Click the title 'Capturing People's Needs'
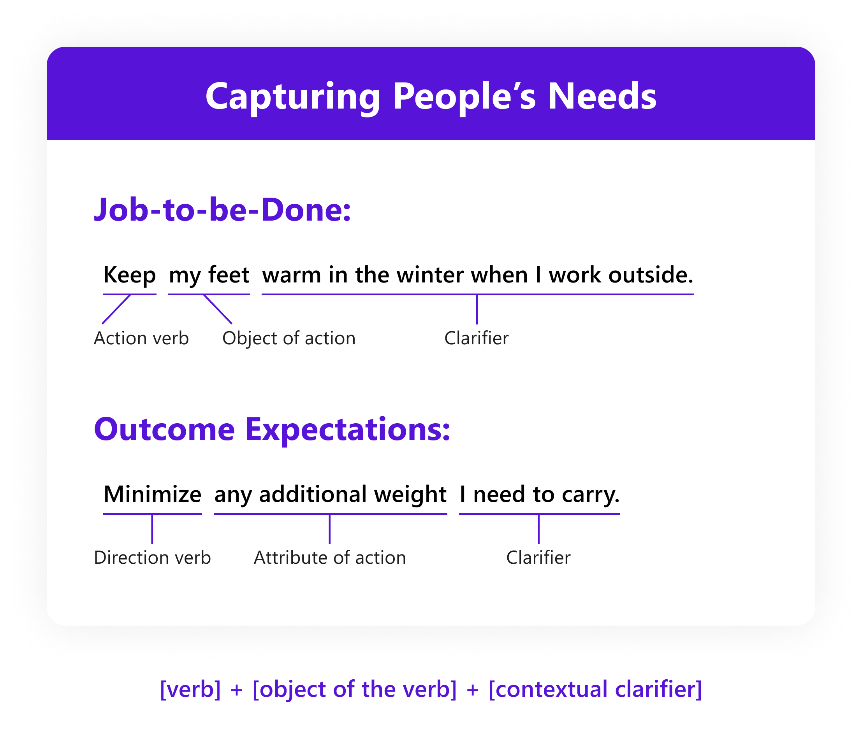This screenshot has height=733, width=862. coord(430,96)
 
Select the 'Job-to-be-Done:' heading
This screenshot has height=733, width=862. coord(222,209)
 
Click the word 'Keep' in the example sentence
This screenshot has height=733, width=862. coord(129,275)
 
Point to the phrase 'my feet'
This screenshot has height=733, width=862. coord(209,275)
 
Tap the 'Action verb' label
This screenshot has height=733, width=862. coord(141,338)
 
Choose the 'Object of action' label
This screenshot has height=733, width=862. coord(289,338)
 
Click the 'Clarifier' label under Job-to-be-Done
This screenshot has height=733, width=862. coord(476,338)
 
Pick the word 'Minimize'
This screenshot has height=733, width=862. coord(152,494)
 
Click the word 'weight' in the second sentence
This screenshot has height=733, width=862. coord(410,495)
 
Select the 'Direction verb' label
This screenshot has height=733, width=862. coord(152,558)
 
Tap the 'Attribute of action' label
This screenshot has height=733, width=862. coord(330,558)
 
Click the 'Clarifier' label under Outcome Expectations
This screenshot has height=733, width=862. coord(538,558)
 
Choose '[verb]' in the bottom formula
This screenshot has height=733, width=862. coord(190,689)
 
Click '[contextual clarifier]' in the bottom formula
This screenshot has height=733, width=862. coord(595,689)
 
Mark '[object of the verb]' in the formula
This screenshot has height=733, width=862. coord(354,689)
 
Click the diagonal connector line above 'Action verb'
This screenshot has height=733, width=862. coord(116,309)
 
